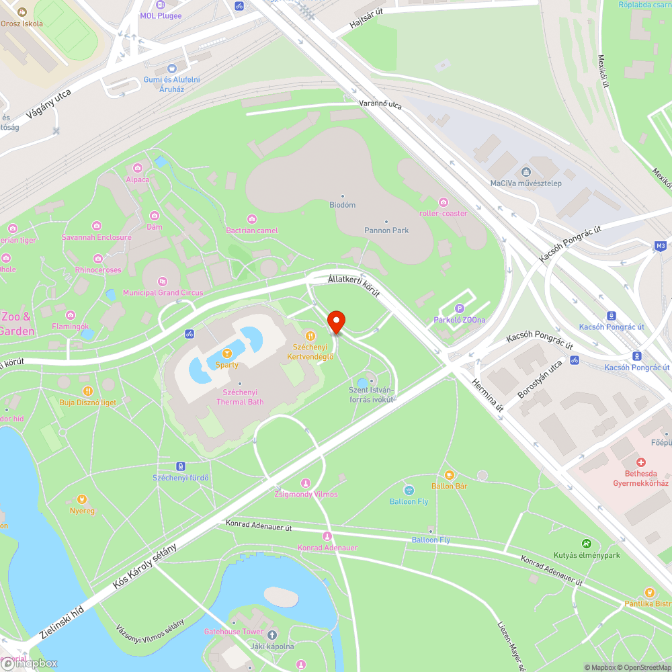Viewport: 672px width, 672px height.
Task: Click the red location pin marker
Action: coord(335,323)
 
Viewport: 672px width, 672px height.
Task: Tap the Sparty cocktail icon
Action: coord(227,353)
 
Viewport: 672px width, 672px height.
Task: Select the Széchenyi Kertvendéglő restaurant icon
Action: coord(310,336)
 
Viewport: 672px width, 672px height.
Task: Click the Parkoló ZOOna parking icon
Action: coord(460,308)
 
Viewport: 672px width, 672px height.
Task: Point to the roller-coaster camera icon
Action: coord(443,202)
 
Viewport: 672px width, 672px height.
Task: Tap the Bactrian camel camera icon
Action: coord(252,219)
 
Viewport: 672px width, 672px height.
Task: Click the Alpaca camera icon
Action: coord(138,167)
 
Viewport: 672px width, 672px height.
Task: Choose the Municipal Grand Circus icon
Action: coord(162,282)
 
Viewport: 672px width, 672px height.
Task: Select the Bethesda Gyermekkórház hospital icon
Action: coord(641,462)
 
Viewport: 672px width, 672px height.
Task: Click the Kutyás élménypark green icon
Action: coord(586,543)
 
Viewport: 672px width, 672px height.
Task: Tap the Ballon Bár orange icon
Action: coord(449,474)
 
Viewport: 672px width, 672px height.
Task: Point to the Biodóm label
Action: coord(343,205)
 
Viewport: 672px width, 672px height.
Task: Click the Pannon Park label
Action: coord(386,230)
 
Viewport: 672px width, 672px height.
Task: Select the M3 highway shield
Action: coord(661,246)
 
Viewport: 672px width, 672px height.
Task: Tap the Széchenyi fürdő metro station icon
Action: coord(180,466)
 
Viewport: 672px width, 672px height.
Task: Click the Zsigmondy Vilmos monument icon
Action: coord(306,483)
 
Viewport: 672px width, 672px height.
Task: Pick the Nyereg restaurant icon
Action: coord(82,499)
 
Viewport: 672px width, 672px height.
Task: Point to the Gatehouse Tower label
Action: coord(234,632)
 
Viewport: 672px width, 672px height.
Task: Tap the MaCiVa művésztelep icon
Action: coord(526,171)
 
